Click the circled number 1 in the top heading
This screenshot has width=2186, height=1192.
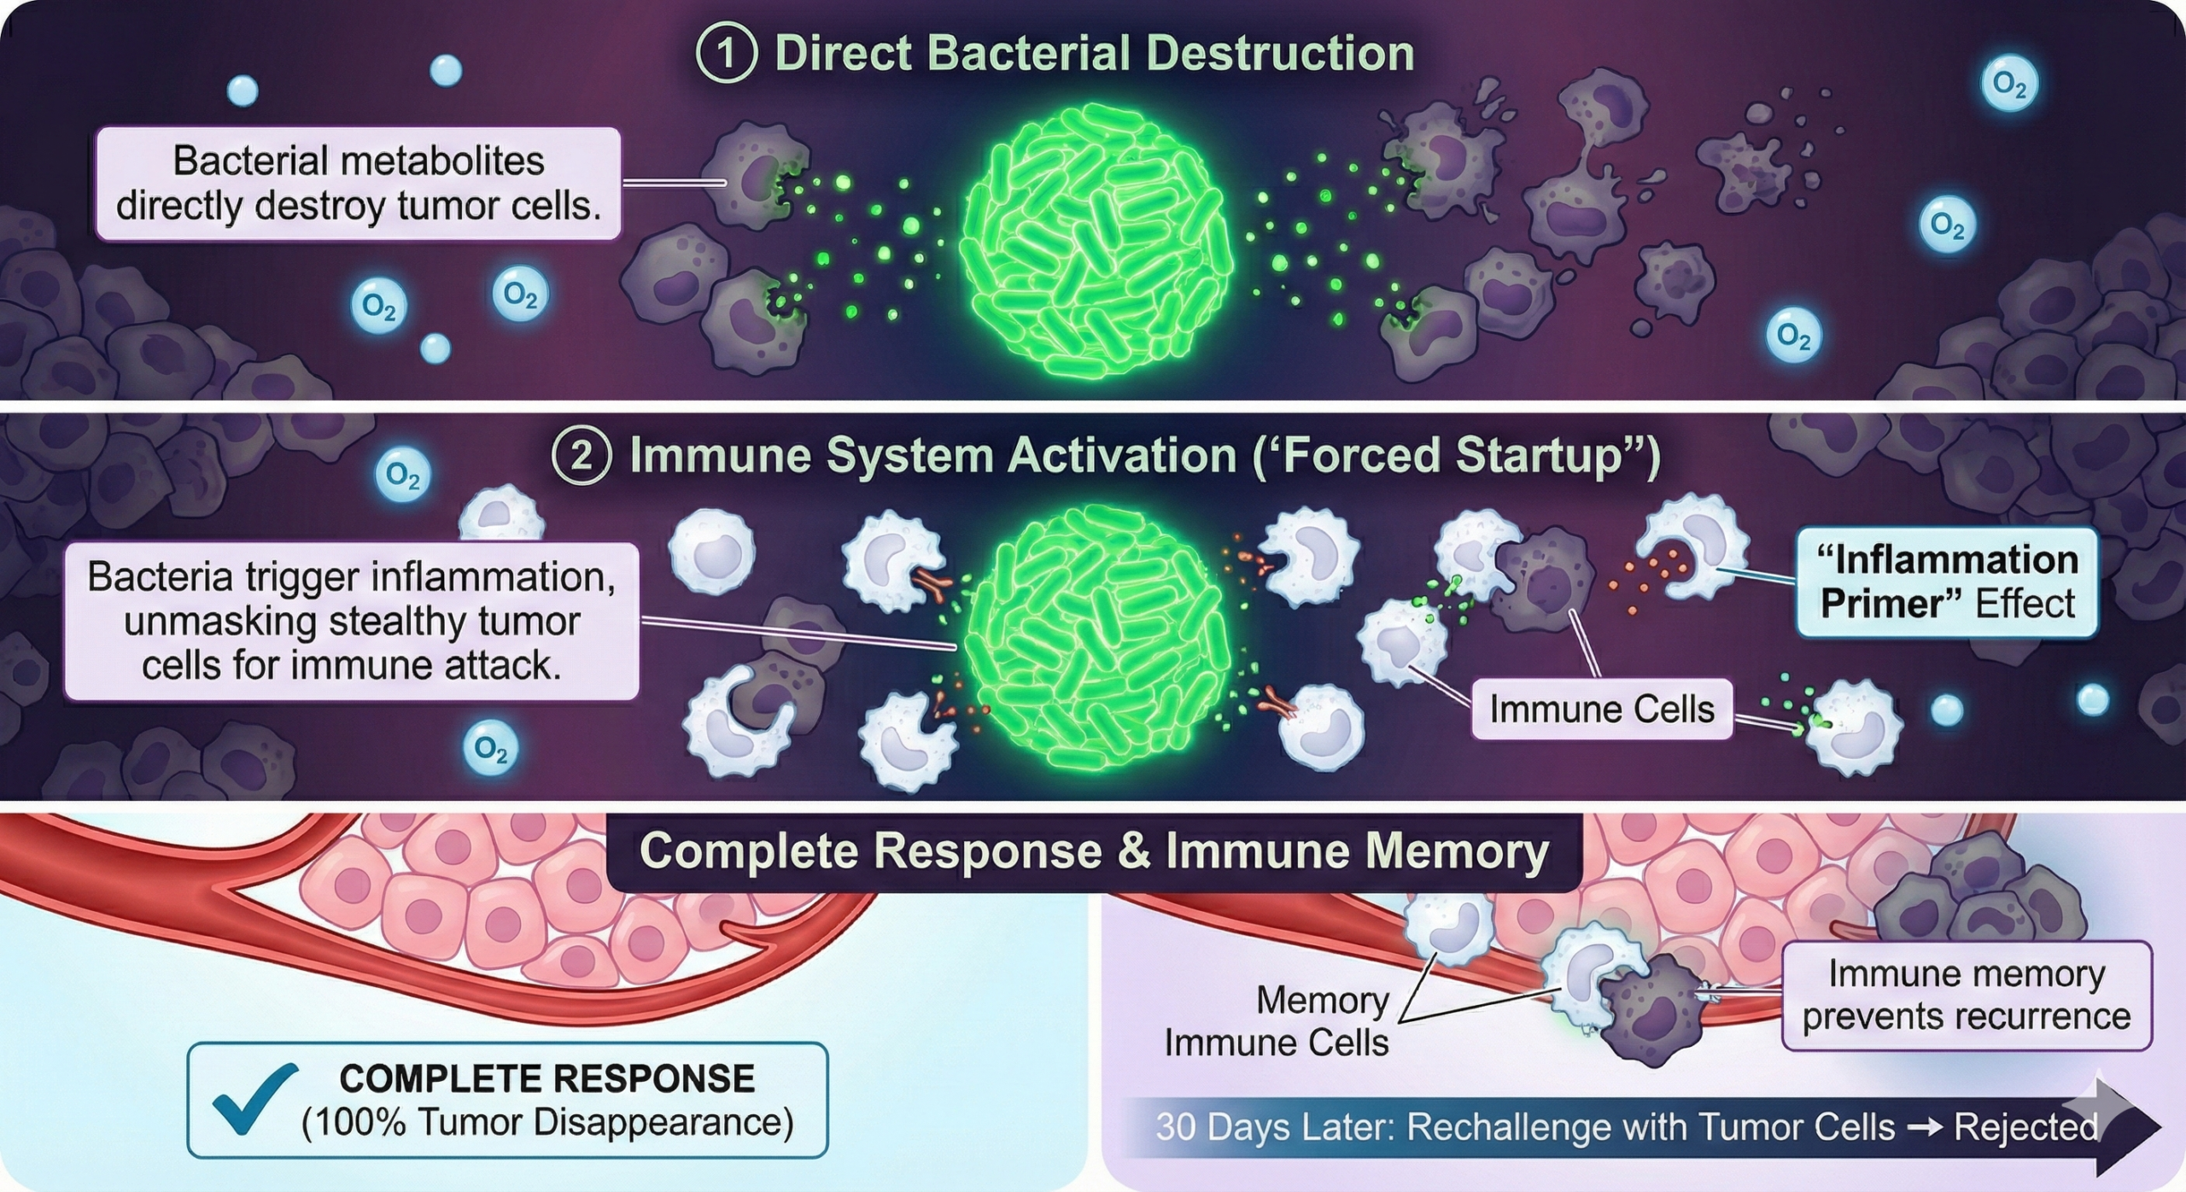coord(727,54)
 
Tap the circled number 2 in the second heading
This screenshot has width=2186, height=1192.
coord(582,456)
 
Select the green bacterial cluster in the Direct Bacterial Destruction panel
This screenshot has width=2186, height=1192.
coord(1096,242)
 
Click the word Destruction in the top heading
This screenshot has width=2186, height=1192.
coord(1280,54)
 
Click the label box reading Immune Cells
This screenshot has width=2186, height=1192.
coord(1602,709)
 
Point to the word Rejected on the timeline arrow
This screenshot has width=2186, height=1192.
coord(2025,1127)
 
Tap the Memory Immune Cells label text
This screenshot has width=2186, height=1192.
coord(1277,1021)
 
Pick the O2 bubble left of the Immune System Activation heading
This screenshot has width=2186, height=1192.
coord(402,473)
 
